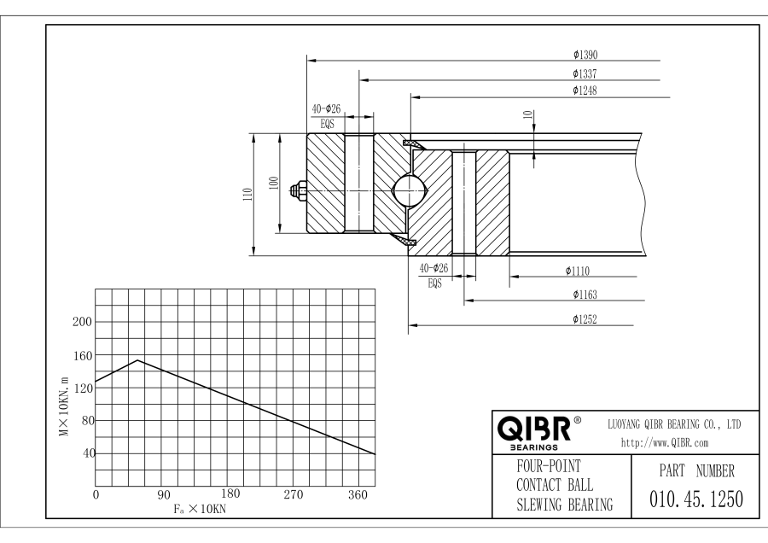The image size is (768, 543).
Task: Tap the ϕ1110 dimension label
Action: pyautogui.click(x=578, y=271)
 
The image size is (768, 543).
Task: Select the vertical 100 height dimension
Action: pyautogui.click(x=273, y=183)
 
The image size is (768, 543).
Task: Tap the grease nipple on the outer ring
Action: pyautogui.click(x=298, y=191)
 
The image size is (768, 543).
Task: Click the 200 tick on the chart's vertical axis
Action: pyautogui.click(x=82, y=322)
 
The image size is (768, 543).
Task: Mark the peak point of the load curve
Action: pyautogui.click(x=138, y=360)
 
